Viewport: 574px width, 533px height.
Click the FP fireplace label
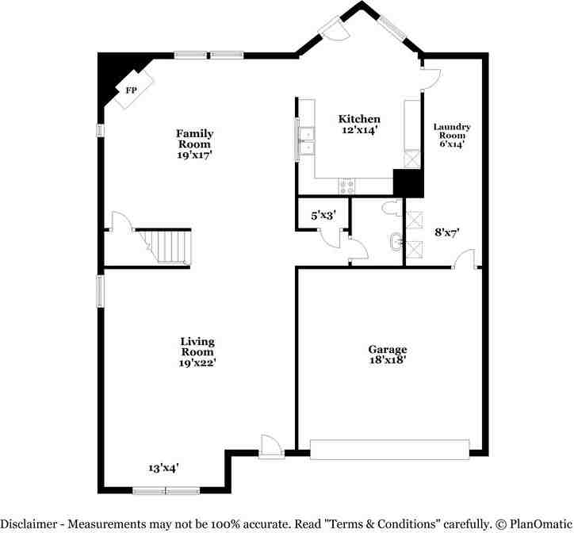132,90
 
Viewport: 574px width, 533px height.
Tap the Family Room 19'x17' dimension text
195,155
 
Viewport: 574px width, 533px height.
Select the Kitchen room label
359,119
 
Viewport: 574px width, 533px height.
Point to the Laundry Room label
452,131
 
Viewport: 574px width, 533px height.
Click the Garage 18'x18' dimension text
388,360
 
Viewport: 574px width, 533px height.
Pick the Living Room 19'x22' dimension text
197,363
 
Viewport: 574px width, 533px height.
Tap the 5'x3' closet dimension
323,216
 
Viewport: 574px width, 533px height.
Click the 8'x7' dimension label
447,232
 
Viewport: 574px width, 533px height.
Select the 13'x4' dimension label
163,468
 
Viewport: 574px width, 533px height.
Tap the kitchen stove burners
347,186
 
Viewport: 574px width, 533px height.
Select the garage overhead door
389,450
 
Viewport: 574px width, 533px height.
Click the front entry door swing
271,447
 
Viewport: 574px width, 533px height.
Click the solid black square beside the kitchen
408,183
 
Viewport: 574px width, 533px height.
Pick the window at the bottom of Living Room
166,490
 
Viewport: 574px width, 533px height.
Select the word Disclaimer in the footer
29,523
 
